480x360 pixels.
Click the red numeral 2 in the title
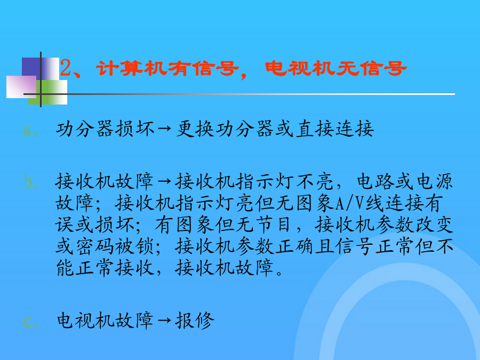66,68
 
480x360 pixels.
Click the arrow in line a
165,129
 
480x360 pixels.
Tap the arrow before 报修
165,320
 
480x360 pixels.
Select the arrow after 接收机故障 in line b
165,181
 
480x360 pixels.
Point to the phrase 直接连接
335,129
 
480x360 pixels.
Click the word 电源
434,181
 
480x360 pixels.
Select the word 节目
274,225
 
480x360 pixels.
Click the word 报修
195,321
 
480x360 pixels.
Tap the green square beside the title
48,92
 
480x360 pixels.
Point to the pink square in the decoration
21,87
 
